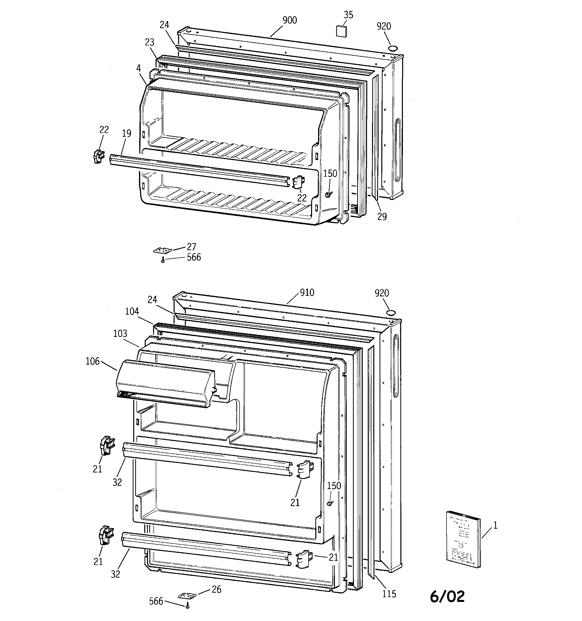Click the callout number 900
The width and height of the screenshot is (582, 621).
[289, 20]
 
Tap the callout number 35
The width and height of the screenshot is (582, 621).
[348, 15]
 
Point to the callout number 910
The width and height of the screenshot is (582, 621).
[307, 293]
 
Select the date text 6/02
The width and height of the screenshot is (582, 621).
[447, 597]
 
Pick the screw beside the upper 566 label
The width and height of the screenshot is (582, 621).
[163, 260]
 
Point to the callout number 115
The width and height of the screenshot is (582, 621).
[389, 594]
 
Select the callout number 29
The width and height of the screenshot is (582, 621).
[382, 217]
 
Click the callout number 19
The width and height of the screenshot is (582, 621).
[126, 134]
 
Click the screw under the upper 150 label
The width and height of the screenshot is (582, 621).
[328, 194]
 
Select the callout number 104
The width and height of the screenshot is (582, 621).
[132, 311]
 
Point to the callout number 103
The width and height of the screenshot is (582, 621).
[120, 334]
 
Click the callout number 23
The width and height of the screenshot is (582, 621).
[150, 42]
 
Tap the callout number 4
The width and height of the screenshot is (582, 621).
[138, 68]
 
